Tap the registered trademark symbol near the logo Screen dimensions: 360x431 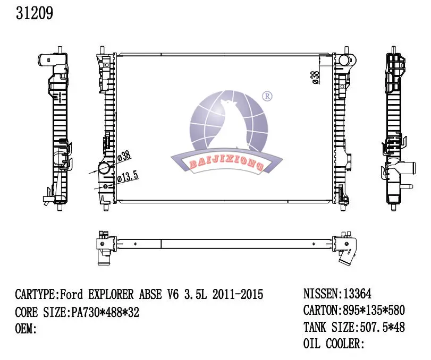(x=267, y=96)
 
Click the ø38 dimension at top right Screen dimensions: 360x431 (x=315, y=77)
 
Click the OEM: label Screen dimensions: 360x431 (x=26, y=329)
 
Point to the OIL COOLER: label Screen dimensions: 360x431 (x=334, y=344)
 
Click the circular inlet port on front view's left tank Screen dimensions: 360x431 (x=105, y=169)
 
